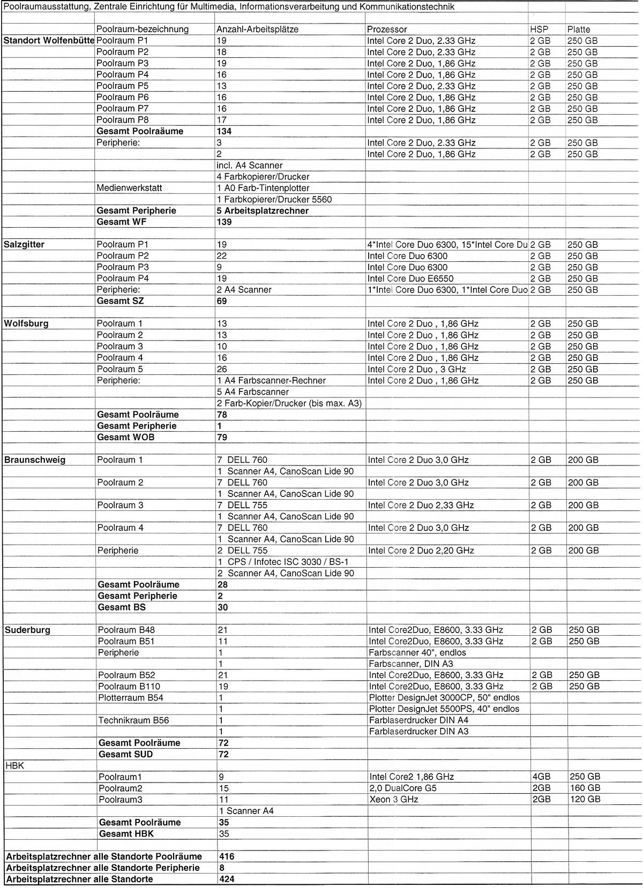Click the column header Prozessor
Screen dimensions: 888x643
pyautogui.click(x=387, y=29)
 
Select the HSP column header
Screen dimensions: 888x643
pyautogui.click(x=539, y=29)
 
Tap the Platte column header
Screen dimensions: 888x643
pyautogui.click(x=579, y=29)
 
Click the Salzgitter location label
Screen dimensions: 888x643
pyautogui.click(x=24, y=244)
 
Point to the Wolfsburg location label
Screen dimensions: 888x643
pyautogui.click(x=26, y=323)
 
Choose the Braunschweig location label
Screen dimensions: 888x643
pyautogui.click(x=35, y=460)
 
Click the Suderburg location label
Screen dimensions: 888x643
pyautogui.click(x=28, y=630)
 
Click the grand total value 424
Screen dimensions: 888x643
pyautogui.click(x=227, y=879)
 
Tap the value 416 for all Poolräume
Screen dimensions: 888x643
pyautogui.click(x=227, y=856)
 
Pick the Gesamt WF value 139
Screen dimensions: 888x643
pyautogui.click(x=224, y=222)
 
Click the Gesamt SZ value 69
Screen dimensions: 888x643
pyautogui.click(x=222, y=301)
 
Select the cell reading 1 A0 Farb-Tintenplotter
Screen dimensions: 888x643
pyautogui.click(x=263, y=188)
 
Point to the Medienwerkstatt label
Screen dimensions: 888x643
pyautogui.click(x=129, y=188)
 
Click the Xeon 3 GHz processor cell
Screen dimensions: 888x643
pyautogui.click(x=394, y=799)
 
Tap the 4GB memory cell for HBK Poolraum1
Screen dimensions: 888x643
pyautogui.click(x=540, y=777)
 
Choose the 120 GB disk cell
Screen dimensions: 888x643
pyautogui.click(x=585, y=799)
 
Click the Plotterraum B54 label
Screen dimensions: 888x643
pyautogui.click(x=131, y=697)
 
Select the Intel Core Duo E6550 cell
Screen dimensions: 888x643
pyautogui.click(x=410, y=279)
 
